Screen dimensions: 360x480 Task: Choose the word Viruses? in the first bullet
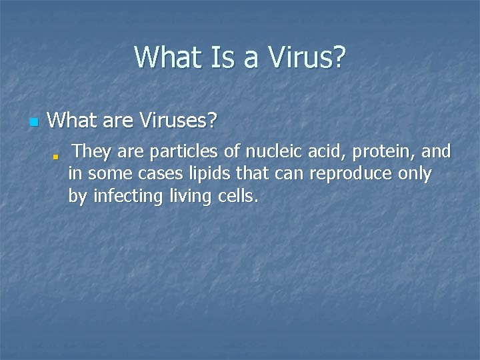179,121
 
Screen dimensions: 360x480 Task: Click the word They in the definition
92,152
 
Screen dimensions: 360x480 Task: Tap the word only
414,175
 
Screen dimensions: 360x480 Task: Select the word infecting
123,197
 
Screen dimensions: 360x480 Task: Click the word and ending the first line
437,152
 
